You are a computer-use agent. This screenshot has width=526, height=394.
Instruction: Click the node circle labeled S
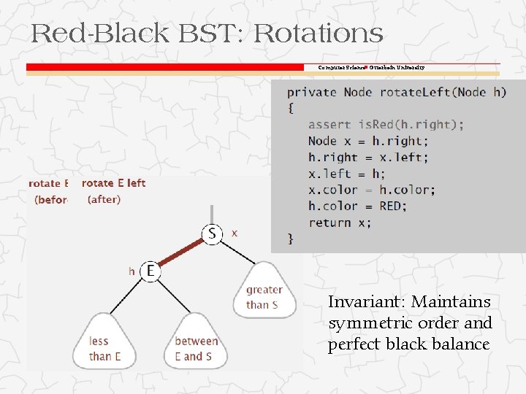point(212,234)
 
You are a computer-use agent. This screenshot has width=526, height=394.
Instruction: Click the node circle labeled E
point(150,271)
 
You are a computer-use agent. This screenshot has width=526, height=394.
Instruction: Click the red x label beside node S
point(234,233)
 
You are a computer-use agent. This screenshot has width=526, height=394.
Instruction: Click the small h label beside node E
point(131,271)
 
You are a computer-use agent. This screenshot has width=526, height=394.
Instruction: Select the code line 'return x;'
point(339,223)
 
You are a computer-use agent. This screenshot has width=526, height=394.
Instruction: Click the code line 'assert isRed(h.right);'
point(385,125)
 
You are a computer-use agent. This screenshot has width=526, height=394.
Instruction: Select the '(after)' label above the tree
point(104,199)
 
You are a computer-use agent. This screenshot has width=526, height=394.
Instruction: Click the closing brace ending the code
point(291,238)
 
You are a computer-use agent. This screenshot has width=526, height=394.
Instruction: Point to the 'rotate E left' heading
point(113,183)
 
